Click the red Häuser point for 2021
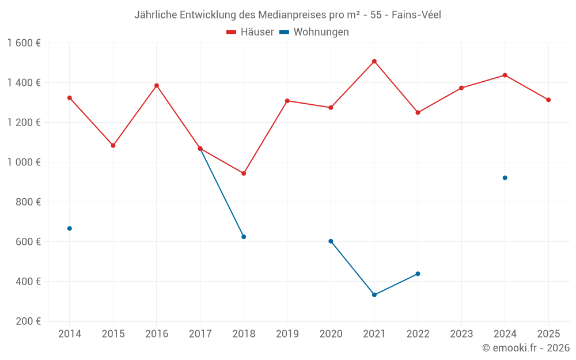point(374,61)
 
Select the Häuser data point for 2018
point(244,173)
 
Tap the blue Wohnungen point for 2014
point(70,229)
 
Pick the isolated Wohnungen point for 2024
point(505,177)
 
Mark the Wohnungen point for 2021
point(374,295)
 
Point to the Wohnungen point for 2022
point(418,274)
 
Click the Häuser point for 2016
point(157,86)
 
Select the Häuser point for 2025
point(548,100)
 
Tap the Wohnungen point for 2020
point(331,241)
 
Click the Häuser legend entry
point(250,32)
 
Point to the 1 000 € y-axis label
point(24,162)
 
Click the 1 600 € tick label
point(24,43)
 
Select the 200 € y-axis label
point(27,321)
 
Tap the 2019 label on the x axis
point(287,334)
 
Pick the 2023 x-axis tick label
point(461,334)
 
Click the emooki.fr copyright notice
point(525,348)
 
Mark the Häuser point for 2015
point(113,146)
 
